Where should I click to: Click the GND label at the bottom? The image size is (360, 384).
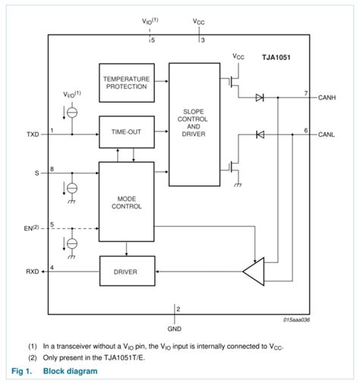tap(174, 329)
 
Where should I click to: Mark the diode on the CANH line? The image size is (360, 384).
tap(261, 98)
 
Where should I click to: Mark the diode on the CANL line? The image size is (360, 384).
tap(261, 135)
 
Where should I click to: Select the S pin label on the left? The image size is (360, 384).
tap(36, 173)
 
